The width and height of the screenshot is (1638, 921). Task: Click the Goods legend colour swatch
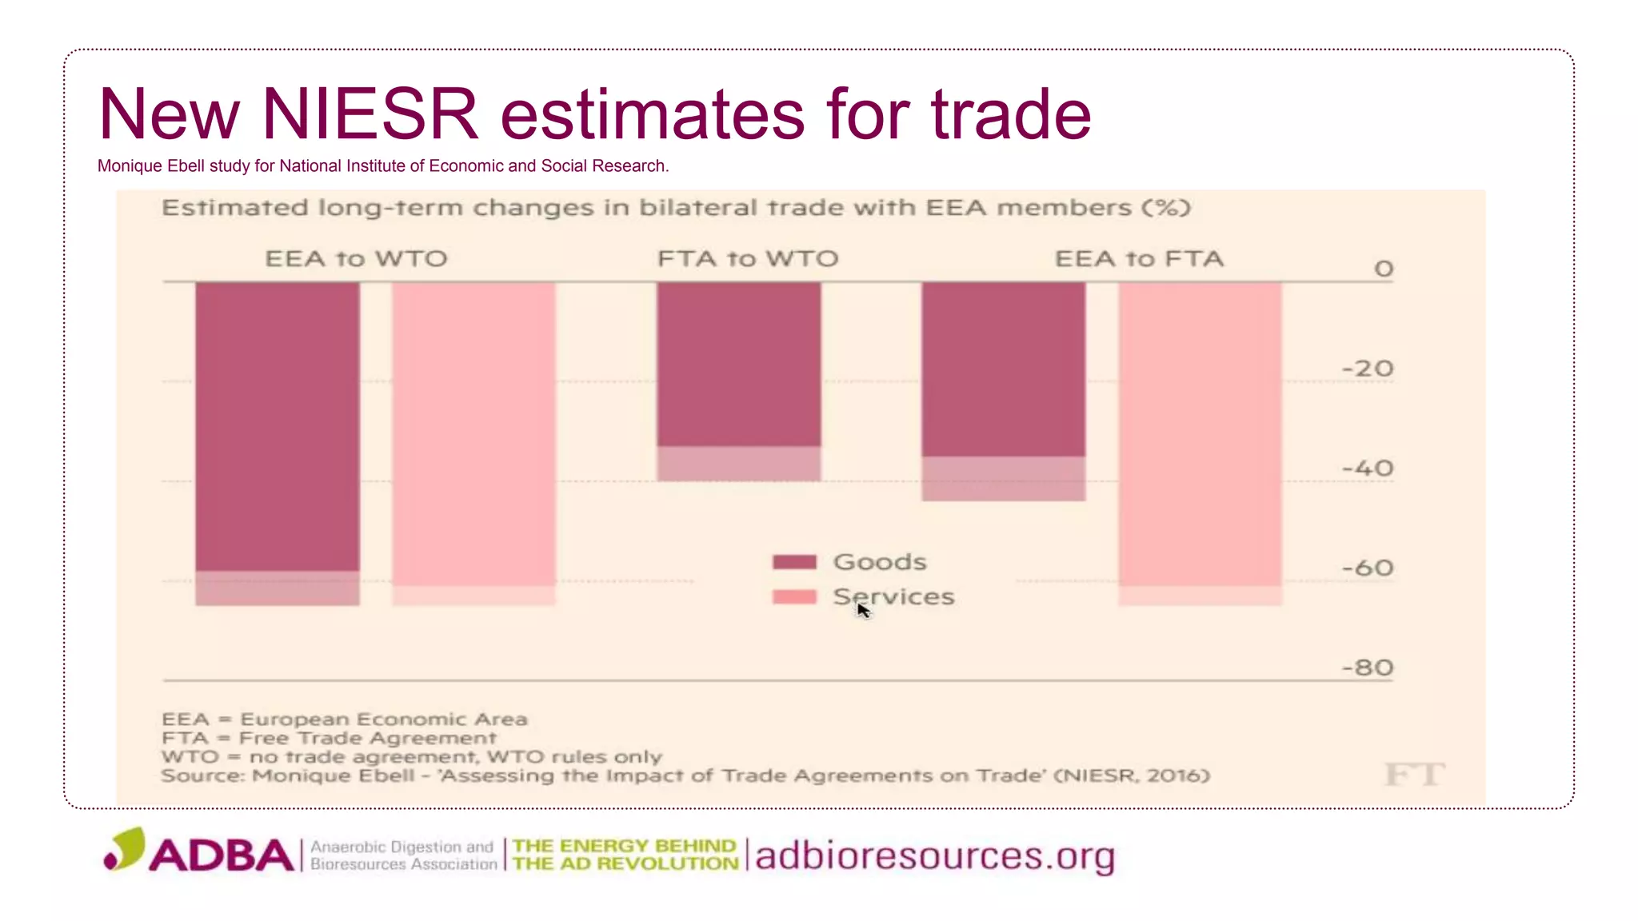794,562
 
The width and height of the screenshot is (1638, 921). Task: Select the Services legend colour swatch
794,597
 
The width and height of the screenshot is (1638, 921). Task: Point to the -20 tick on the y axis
1368,369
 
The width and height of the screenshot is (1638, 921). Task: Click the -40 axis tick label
1368,468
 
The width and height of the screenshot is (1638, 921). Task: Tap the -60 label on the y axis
1368,568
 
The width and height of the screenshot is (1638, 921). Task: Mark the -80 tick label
1368,668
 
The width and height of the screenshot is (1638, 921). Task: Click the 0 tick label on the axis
1384,269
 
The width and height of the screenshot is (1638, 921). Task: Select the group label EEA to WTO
356,259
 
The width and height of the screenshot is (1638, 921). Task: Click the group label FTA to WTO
748,259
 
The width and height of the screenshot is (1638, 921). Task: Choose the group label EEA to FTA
1139,259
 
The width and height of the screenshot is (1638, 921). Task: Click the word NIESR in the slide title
370,114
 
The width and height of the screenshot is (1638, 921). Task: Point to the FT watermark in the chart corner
1414,774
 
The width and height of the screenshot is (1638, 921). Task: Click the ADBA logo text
221,855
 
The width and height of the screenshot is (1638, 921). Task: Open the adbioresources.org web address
934,856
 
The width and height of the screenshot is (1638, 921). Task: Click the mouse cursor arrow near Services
862,609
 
